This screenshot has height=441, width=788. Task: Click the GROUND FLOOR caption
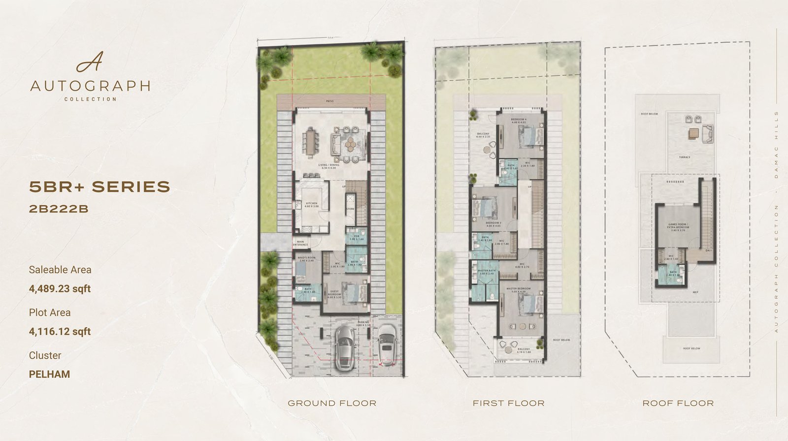point(332,403)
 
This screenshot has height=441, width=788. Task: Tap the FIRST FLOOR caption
point(509,403)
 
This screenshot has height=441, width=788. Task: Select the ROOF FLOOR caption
point(678,403)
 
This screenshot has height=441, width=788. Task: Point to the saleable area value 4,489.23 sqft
point(60,288)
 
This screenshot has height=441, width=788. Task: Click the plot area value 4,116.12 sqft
point(60,331)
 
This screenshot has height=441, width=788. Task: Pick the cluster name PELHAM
point(49,374)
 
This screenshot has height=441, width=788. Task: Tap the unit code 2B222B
point(59,209)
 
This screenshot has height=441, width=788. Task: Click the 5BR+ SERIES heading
point(99,187)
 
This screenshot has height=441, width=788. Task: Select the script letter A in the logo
point(90,62)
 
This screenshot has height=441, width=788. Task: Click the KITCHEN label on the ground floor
point(312,203)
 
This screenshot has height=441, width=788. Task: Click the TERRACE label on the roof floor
point(685,157)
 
